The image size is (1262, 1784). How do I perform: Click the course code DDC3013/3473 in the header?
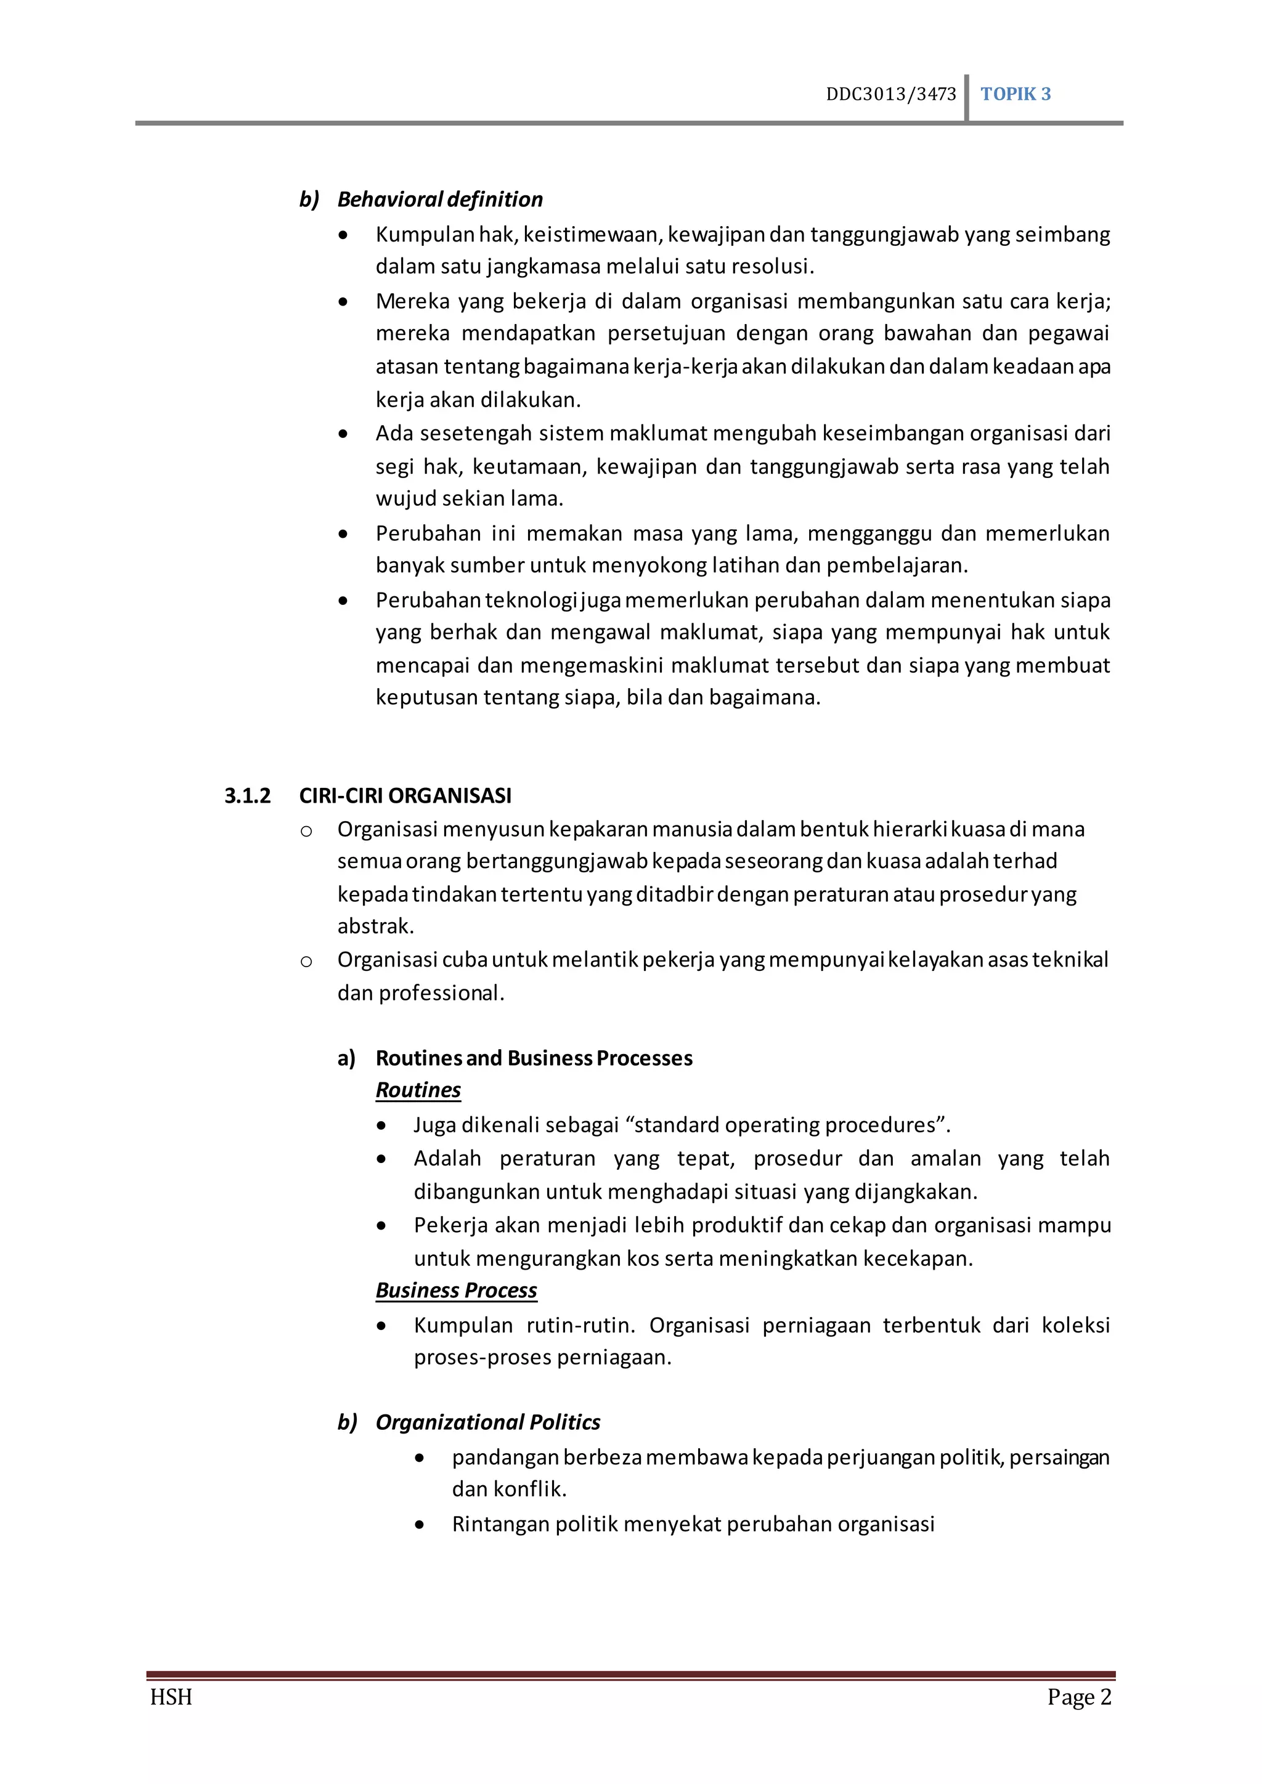tap(890, 94)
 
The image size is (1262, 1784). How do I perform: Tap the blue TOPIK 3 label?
tap(1015, 94)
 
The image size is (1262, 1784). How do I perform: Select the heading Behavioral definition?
tap(439, 200)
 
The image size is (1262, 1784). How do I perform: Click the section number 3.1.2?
tap(247, 796)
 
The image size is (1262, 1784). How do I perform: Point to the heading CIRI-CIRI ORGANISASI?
tap(405, 796)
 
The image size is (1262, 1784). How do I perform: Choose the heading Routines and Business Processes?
tap(533, 1058)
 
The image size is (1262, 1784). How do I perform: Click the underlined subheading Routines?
tap(418, 1090)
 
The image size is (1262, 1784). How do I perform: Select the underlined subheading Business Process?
tap(456, 1291)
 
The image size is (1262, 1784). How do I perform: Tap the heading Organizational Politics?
tap(487, 1422)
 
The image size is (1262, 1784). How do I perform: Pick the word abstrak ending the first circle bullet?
tap(375, 926)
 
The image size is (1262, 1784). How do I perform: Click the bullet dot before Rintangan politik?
tap(420, 1525)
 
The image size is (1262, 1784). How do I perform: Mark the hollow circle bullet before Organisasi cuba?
tap(306, 962)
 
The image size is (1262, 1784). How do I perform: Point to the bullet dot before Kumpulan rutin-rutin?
tap(381, 1326)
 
